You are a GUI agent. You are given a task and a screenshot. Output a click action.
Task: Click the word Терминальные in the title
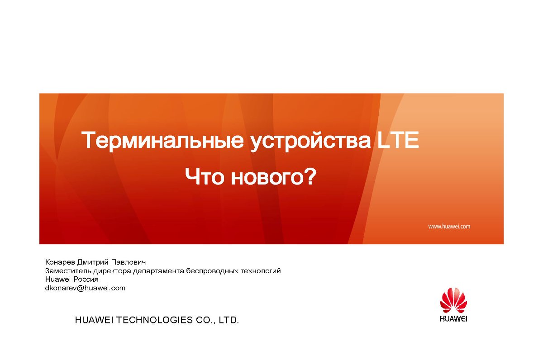(162, 141)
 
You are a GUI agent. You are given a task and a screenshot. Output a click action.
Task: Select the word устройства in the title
(311, 142)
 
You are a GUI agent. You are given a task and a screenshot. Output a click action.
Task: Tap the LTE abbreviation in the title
(398, 140)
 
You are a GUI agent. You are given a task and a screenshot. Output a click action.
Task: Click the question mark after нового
(310, 176)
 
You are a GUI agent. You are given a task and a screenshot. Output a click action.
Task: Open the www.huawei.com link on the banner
(449, 227)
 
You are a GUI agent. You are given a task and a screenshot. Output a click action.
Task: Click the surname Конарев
(60, 262)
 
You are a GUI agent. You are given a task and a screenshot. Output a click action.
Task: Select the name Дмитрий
(93, 262)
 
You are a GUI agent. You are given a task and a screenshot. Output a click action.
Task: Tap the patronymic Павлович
(129, 262)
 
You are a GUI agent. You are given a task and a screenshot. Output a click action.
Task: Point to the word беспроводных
(212, 271)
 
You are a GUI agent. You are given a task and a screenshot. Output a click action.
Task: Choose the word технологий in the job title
(261, 271)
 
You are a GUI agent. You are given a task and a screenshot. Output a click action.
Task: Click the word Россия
(86, 279)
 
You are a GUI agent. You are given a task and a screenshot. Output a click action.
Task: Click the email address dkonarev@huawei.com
(86, 288)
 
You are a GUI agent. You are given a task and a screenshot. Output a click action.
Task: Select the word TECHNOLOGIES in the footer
(155, 320)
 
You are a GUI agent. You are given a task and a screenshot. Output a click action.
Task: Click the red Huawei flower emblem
(453, 300)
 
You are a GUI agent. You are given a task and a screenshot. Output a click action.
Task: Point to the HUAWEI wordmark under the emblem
(453, 319)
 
